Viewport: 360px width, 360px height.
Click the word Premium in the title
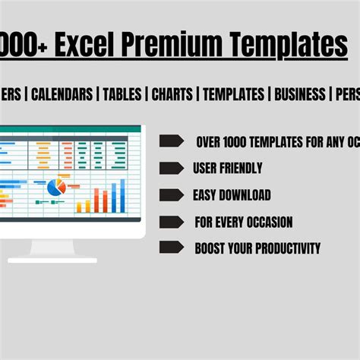click(x=170, y=45)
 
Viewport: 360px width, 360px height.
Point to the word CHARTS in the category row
click(x=172, y=94)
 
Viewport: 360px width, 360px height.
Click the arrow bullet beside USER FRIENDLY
click(x=172, y=168)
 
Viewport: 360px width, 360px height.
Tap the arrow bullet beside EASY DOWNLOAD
click(x=172, y=195)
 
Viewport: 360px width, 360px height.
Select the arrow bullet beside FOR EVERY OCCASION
click(x=172, y=223)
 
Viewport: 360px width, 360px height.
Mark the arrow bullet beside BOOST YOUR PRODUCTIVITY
click(x=172, y=248)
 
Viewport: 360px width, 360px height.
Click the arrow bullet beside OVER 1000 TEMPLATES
click(x=172, y=141)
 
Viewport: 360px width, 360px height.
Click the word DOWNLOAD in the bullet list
click(x=245, y=195)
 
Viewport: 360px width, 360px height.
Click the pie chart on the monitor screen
click(x=55, y=187)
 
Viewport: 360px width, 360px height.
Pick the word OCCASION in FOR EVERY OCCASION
click(x=267, y=223)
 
